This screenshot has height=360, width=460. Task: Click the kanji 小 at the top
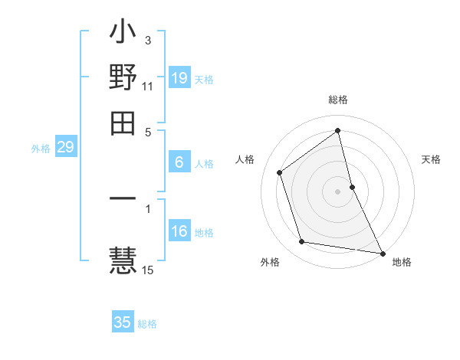123,35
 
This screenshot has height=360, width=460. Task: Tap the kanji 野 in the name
123,77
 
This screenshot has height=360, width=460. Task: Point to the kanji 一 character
123,199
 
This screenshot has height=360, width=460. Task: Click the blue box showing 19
179,78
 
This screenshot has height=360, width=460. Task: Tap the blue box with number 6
179,162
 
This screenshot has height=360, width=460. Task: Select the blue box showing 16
179,232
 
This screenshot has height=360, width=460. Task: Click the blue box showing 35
123,322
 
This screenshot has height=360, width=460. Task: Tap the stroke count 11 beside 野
148,87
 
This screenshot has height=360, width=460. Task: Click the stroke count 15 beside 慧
148,270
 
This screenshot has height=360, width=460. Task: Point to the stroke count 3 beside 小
148,41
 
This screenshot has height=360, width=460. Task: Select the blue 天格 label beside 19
204,79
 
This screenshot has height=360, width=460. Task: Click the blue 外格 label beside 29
41,149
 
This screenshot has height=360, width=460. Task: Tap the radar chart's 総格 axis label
338,100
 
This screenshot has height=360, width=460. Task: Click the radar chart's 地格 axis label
402,263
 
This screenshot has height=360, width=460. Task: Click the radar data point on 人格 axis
280,172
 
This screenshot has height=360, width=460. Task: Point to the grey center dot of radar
338,191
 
